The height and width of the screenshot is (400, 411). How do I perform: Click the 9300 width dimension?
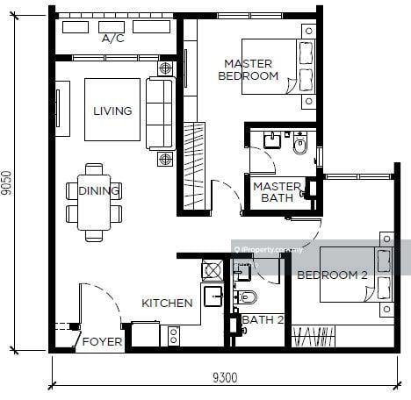(x=225, y=377)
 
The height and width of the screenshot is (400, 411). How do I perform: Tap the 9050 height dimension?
(x=6, y=182)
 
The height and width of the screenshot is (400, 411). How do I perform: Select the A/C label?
(x=113, y=39)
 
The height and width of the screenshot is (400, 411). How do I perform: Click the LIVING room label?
(x=112, y=111)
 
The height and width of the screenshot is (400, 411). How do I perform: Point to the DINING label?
(x=99, y=191)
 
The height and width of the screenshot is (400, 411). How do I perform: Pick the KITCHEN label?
(x=167, y=304)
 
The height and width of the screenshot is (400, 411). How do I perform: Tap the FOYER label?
(x=102, y=341)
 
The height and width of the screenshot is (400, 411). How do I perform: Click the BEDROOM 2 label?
(x=332, y=275)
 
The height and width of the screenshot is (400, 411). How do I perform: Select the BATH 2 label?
(x=263, y=319)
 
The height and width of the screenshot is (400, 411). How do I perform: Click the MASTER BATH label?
(x=277, y=192)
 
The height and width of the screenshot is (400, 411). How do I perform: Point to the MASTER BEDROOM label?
(x=249, y=70)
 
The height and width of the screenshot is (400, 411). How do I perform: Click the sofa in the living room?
(x=161, y=114)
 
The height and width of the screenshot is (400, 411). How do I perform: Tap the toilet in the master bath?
(x=300, y=143)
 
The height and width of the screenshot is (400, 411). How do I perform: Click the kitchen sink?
(x=213, y=296)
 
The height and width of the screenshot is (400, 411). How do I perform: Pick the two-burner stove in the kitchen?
(x=174, y=336)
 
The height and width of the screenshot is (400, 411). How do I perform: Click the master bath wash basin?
(x=272, y=140)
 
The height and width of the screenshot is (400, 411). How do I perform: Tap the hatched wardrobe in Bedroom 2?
(x=314, y=337)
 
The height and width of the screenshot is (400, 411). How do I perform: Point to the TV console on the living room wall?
(x=62, y=109)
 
